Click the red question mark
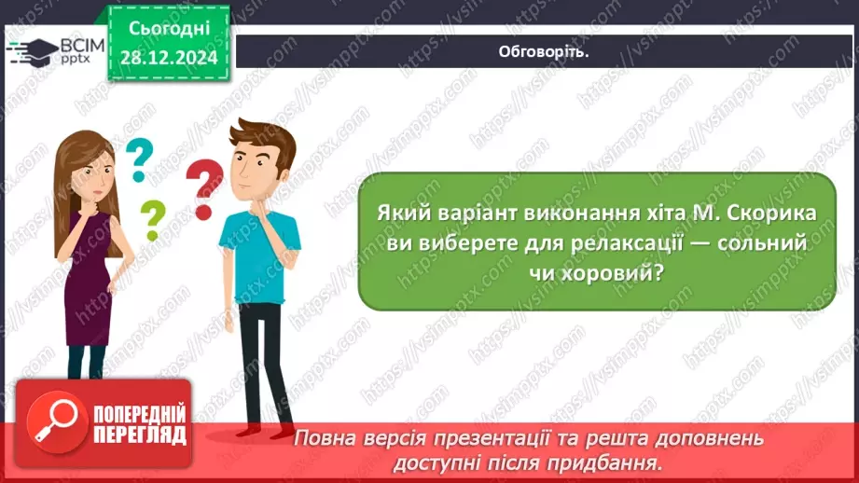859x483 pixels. [x=204, y=186]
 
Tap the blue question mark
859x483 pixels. [x=139, y=159]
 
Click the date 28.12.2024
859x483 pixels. [x=168, y=58]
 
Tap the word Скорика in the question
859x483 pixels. [x=770, y=213]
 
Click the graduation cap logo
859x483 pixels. [x=28, y=49]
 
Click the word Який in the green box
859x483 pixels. [x=400, y=213]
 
